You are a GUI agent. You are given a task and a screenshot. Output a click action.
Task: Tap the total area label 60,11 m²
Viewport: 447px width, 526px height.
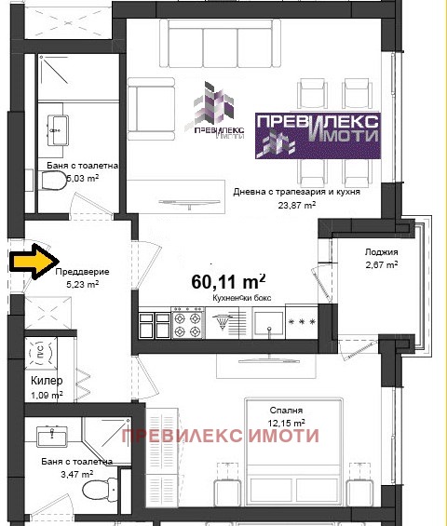pyautogui.click(x=228, y=280)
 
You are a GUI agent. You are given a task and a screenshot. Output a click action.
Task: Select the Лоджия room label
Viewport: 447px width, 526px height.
pyautogui.click(x=382, y=252)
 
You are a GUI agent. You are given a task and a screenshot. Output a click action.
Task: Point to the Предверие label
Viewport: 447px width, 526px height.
pyautogui.click(x=82, y=272)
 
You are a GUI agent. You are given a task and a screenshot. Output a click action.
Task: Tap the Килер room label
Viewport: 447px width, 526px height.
pyautogui.click(x=45, y=381)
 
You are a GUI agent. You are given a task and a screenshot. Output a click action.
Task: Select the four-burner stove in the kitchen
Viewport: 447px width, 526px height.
pyautogui.click(x=190, y=325)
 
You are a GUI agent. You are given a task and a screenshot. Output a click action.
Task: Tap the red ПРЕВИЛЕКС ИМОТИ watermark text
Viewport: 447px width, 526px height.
pyautogui.click(x=220, y=436)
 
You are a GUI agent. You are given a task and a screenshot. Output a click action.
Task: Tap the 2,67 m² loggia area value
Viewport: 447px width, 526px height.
pyautogui.click(x=382, y=265)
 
